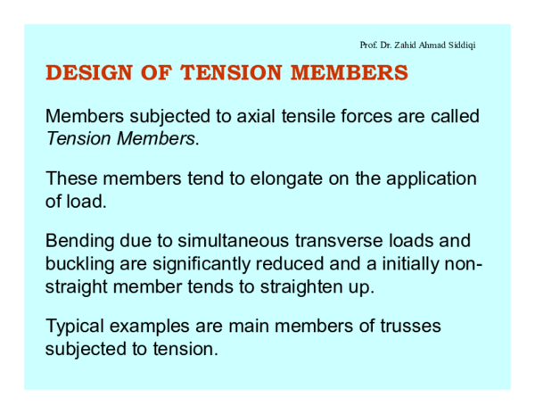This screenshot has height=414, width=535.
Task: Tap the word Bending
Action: click(x=80, y=242)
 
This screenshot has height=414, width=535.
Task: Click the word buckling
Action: click(x=79, y=264)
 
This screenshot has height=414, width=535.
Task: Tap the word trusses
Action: click(x=408, y=327)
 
